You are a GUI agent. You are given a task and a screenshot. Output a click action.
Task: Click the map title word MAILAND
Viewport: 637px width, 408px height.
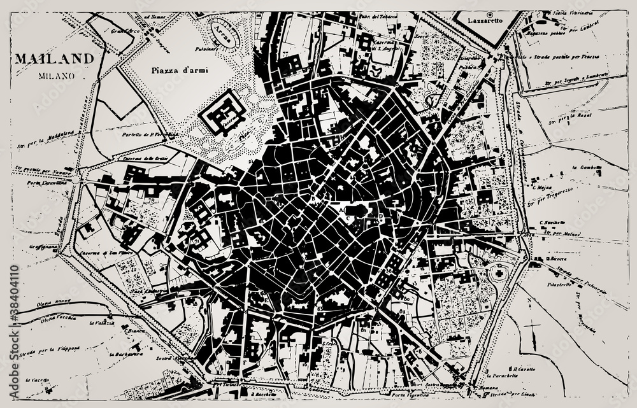[x=54, y=59]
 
